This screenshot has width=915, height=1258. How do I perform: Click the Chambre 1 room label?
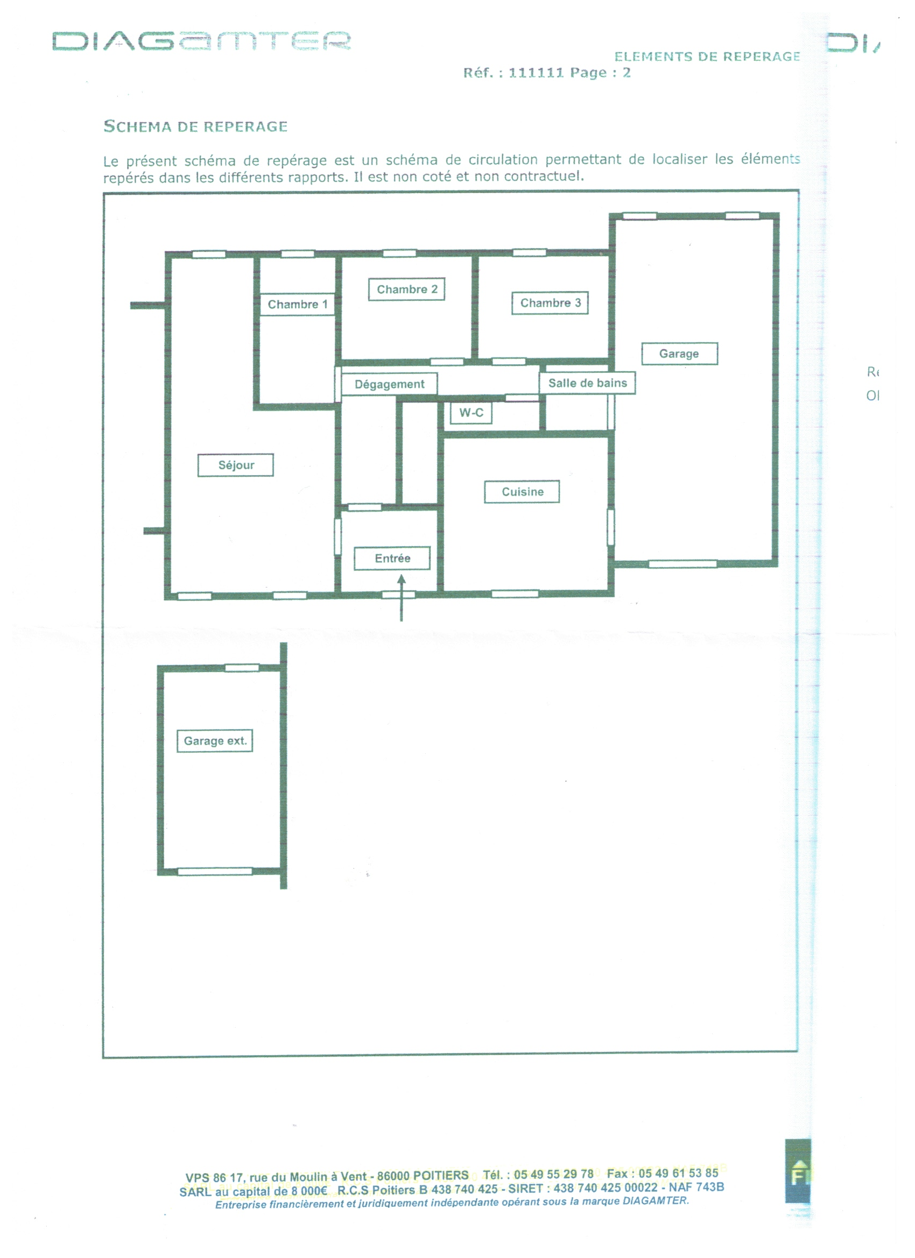[298, 305]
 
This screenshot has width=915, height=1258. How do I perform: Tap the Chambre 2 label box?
[407, 289]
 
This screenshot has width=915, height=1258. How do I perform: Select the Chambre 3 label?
[550, 303]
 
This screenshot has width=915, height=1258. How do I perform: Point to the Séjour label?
[236, 465]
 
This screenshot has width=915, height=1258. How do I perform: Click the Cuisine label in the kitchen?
[522, 491]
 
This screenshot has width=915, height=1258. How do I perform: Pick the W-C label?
[471, 413]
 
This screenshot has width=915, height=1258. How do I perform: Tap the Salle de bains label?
[588, 383]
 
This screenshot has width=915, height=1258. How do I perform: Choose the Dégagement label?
[390, 384]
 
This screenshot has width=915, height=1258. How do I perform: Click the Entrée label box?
[392, 558]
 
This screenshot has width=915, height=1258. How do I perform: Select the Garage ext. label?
[215, 740]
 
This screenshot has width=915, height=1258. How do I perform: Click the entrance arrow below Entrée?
[401, 598]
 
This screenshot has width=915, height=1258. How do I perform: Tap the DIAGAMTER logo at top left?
[201, 41]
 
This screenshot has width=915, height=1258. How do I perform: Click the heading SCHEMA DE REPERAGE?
[195, 126]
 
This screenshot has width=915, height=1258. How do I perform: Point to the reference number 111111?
[536, 73]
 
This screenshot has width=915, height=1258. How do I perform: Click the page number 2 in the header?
[627, 73]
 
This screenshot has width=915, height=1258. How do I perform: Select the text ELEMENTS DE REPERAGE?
[707, 56]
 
